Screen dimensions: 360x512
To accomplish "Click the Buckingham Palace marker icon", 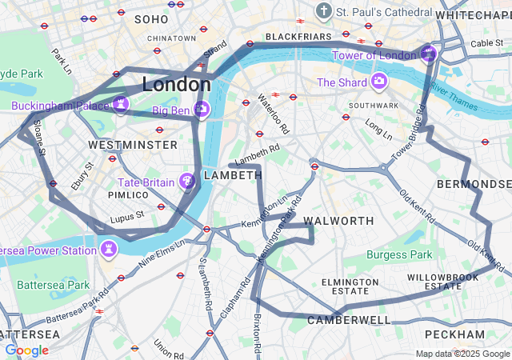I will click(x=121, y=105).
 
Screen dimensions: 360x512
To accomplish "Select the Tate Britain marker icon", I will click(x=188, y=182).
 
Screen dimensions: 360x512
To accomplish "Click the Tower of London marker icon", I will click(x=429, y=54).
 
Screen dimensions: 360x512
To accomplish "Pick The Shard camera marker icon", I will click(x=378, y=82).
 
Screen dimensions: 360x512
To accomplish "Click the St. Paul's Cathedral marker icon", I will click(x=323, y=11).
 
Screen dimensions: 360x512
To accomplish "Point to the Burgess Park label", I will click(x=399, y=255).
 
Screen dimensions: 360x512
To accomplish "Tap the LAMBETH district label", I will click(x=233, y=175).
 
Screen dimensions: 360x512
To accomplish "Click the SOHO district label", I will click(x=152, y=18).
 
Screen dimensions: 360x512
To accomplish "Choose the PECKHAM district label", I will click(x=454, y=334).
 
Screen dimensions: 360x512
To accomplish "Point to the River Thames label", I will click(x=454, y=92).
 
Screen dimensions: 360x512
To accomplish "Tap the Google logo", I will click(x=26, y=350).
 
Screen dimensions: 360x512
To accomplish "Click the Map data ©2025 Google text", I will click(x=462, y=354).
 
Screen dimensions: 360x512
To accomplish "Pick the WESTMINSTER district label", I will click(x=133, y=145).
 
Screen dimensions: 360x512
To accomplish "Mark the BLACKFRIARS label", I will click(x=298, y=37).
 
